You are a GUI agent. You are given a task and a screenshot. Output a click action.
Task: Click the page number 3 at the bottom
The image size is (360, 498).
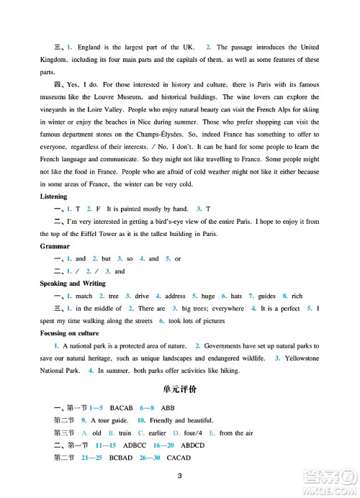click(180, 474)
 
